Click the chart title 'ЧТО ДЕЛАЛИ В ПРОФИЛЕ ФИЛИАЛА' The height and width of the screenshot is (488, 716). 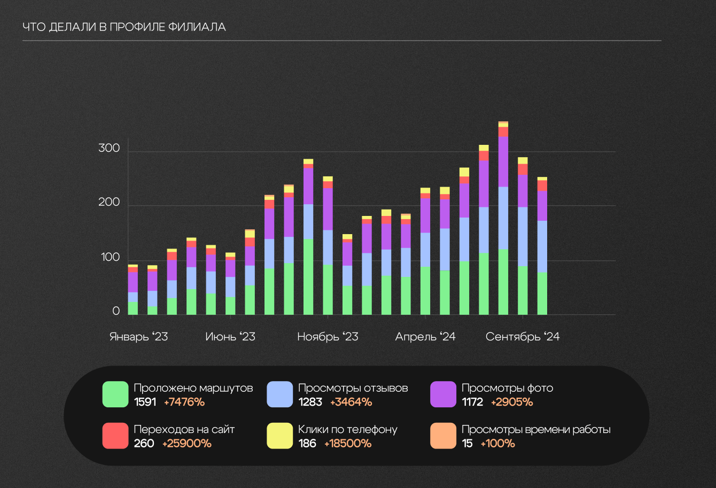coord(124,27)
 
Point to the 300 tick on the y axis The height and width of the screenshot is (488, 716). coord(109,149)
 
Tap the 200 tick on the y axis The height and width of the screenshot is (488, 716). coord(109,203)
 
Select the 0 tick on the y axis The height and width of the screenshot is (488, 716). coord(116,312)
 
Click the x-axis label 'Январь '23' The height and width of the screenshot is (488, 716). coord(138,337)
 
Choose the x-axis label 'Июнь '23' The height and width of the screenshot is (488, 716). coord(230,337)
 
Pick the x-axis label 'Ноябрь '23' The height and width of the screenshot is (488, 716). coord(328,337)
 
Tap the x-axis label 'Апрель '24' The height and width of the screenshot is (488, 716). coord(425,337)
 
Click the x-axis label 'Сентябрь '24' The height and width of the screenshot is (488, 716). coord(523,337)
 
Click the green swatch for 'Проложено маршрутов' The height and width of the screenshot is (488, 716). coord(115,394)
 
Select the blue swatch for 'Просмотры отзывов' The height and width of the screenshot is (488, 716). coord(280,394)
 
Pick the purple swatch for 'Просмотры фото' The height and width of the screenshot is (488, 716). coord(443,394)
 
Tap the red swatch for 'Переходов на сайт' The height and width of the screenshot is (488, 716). coord(115,436)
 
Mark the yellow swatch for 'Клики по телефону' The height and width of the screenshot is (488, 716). coord(280,436)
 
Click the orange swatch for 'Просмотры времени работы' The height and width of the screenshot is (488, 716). coord(443,436)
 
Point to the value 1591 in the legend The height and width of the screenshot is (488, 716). coord(145,402)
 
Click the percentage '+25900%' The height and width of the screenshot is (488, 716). coord(187,444)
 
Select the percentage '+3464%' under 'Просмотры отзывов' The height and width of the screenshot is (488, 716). coord(351,402)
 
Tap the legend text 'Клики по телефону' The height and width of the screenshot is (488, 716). coord(348,430)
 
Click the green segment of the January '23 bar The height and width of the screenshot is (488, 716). coord(133,308)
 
